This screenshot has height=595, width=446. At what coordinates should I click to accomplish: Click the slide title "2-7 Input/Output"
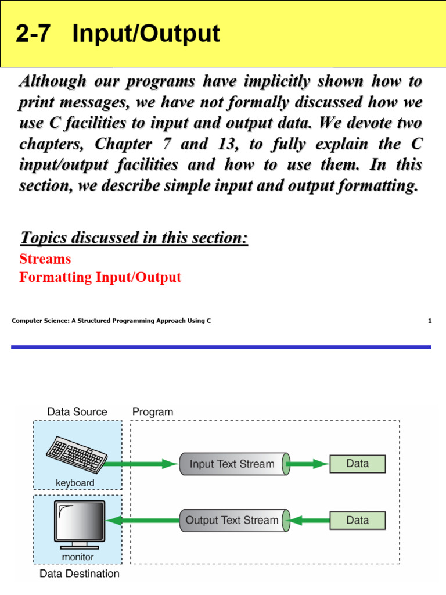coord(118,34)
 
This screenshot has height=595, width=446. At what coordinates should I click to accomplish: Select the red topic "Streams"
coord(45,259)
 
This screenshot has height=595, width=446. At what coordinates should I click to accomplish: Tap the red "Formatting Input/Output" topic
coord(100,277)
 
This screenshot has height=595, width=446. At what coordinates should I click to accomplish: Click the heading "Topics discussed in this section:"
coord(134,238)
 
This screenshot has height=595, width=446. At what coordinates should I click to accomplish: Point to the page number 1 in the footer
coord(430,321)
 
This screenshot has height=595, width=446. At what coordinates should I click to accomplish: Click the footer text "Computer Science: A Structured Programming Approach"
coord(111,321)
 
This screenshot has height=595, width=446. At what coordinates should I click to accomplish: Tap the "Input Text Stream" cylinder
coord(232,464)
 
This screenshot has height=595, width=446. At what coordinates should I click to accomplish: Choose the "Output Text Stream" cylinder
coord(232,520)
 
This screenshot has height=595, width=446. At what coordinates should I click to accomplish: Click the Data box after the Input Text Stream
coord(357,463)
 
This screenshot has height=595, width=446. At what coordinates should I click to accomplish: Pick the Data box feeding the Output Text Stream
coord(357,520)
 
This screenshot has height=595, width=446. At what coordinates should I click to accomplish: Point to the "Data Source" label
coord(77,412)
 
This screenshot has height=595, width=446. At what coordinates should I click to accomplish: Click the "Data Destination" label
coord(80,574)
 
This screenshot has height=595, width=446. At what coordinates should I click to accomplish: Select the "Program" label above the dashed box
coord(153,412)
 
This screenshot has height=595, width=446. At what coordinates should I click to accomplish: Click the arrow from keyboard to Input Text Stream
coord(142,464)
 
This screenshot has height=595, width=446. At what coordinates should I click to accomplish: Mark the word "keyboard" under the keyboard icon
coord(75,483)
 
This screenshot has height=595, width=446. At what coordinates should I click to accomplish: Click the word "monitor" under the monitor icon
coord(78,557)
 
